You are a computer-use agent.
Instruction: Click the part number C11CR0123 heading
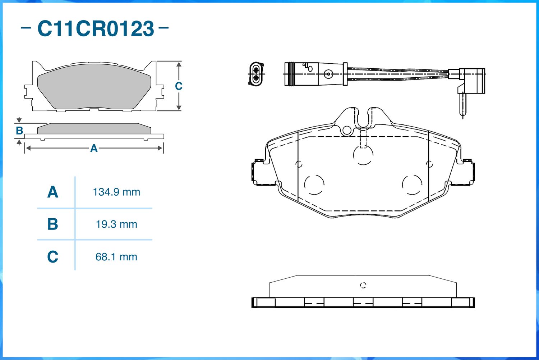(x=96, y=28)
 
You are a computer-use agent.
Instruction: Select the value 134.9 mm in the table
(x=116, y=192)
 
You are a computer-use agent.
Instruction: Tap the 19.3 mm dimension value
(x=116, y=224)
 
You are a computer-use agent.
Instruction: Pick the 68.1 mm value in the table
(x=116, y=257)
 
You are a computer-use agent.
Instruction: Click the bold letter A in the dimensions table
(x=53, y=192)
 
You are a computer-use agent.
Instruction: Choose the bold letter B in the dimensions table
(x=53, y=224)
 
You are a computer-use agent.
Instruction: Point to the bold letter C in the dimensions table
(x=53, y=256)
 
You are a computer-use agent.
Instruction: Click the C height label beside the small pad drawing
(x=179, y=86)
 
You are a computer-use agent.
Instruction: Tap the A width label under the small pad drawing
(x=94, y=148)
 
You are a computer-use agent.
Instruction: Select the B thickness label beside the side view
(x=19, y=131)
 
